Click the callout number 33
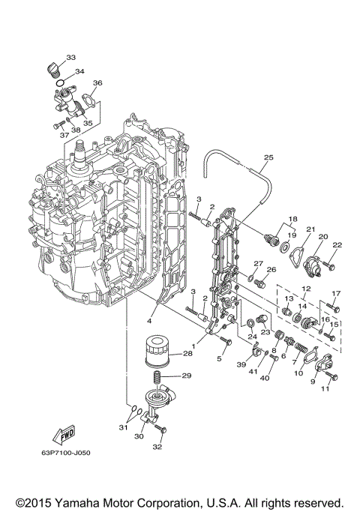(70, 57)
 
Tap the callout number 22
(337, 245)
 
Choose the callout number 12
(305, 288)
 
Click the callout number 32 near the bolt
(157, 448)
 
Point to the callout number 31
(124, 427)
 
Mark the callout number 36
(97, 82)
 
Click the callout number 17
(336, 293)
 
